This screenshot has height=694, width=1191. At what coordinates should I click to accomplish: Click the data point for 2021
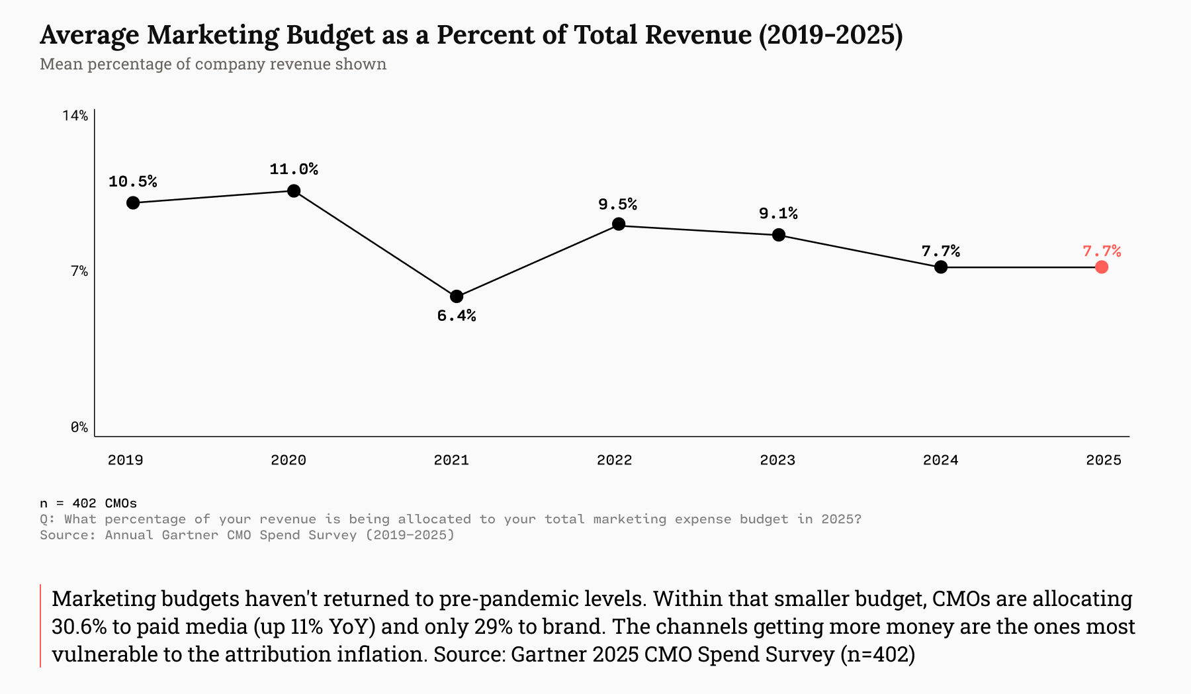(x=457, y=296)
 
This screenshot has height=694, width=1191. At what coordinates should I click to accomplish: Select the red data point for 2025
(x=1102, y=267)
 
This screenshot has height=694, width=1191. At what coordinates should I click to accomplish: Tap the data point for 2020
(x=294, y=191)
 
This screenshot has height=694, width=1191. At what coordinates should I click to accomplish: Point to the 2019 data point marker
(x=133, y=202)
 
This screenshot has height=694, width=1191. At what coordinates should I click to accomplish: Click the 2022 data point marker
(x=619, y=224)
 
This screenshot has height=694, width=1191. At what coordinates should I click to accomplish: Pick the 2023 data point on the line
(x=779, y=235)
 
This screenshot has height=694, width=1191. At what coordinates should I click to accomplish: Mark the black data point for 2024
(x=941, y=267)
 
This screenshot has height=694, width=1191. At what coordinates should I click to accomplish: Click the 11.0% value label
(x=294, y=169)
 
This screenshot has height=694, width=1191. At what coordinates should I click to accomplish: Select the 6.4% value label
(x=457, y=316)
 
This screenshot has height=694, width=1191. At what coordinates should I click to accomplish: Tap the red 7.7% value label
(x=1102, y=251)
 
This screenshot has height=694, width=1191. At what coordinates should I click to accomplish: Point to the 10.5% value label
(x=133, y=181)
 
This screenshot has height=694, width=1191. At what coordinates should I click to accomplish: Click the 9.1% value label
(x=778, y=213)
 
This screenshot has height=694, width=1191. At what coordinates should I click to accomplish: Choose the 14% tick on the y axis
(x=75, y=116)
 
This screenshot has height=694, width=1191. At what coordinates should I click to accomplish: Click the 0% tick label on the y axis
(x=79, y=427)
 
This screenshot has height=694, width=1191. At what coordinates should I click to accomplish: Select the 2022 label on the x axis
(x=614, y=460)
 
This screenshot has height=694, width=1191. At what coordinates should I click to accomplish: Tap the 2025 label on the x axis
(x=1104, y=460)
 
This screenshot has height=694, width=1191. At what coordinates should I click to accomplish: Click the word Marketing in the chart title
(x=212, y=35)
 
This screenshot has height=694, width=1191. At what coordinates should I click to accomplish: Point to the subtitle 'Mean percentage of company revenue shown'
(x=213, y=64)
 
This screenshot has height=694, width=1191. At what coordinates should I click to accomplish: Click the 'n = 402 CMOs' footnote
(x=88, y=503)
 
